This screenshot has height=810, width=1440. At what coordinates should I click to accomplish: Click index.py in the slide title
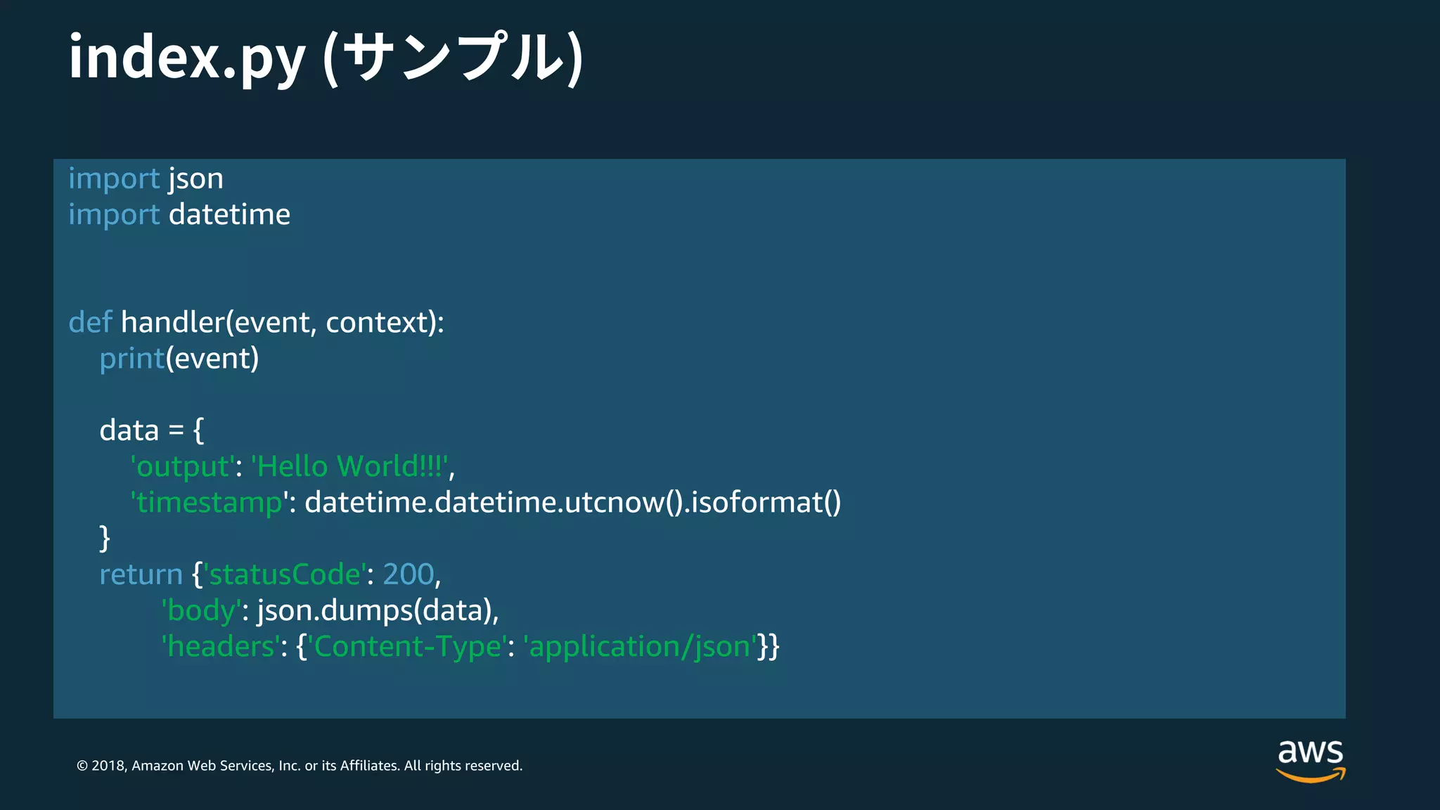coord(186,58)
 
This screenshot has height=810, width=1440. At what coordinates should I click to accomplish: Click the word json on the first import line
coord(195,179)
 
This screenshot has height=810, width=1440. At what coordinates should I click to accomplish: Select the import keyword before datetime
coord(114,214)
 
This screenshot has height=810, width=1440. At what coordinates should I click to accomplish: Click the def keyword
coord(90,322)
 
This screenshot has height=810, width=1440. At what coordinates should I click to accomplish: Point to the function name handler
coord(172,322)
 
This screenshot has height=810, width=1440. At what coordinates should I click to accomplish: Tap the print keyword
coord(131,359)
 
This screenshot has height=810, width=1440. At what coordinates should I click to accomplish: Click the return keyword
coord(141,575)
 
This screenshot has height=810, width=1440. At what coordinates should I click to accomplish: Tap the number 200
coord(409,575)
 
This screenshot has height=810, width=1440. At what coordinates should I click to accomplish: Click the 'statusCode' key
coord(285,575)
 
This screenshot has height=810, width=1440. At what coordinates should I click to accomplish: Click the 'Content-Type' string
coord(407,647)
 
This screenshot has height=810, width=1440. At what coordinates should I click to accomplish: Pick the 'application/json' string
coord(640,647)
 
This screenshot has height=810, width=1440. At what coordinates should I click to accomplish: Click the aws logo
coord(1310,759)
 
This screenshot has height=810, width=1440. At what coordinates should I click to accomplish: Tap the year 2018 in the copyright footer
coord(108,766)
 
